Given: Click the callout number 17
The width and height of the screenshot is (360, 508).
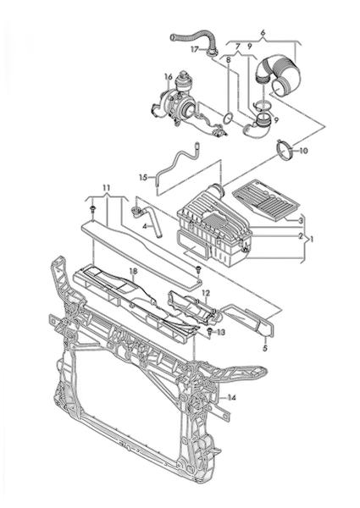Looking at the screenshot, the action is pos(194,50).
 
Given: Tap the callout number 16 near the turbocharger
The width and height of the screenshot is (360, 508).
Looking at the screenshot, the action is pos(169,77).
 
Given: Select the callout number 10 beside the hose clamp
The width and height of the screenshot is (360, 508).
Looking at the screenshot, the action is pos(303,151).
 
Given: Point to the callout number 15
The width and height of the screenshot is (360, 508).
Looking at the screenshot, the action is pos(143,177).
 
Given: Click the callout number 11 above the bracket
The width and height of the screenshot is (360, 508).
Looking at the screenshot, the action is pos(107,188).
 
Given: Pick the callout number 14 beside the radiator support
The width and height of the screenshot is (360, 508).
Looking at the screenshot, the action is pos(231,398).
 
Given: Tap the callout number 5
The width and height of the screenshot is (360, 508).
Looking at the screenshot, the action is pos(265,349).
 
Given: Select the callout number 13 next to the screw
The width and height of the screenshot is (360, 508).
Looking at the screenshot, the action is pos(221,333).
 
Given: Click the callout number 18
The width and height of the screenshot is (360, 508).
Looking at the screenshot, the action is pos(133,271).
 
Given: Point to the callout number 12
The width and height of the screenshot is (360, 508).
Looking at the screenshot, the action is pos(206,293).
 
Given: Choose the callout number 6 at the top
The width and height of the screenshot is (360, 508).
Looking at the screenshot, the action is pos(263,32).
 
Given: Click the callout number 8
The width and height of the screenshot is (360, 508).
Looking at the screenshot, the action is pos(229,60).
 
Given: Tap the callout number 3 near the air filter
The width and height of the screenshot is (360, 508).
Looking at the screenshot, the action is pos(301,221).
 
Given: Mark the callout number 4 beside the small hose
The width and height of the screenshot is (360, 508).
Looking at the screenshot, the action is pos(145,226).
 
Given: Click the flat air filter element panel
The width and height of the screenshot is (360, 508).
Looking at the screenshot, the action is pos(266,201).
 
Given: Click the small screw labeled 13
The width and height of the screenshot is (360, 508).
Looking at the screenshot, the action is pos(209,331).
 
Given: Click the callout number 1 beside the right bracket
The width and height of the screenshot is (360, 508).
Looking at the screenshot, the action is pos(312,240).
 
